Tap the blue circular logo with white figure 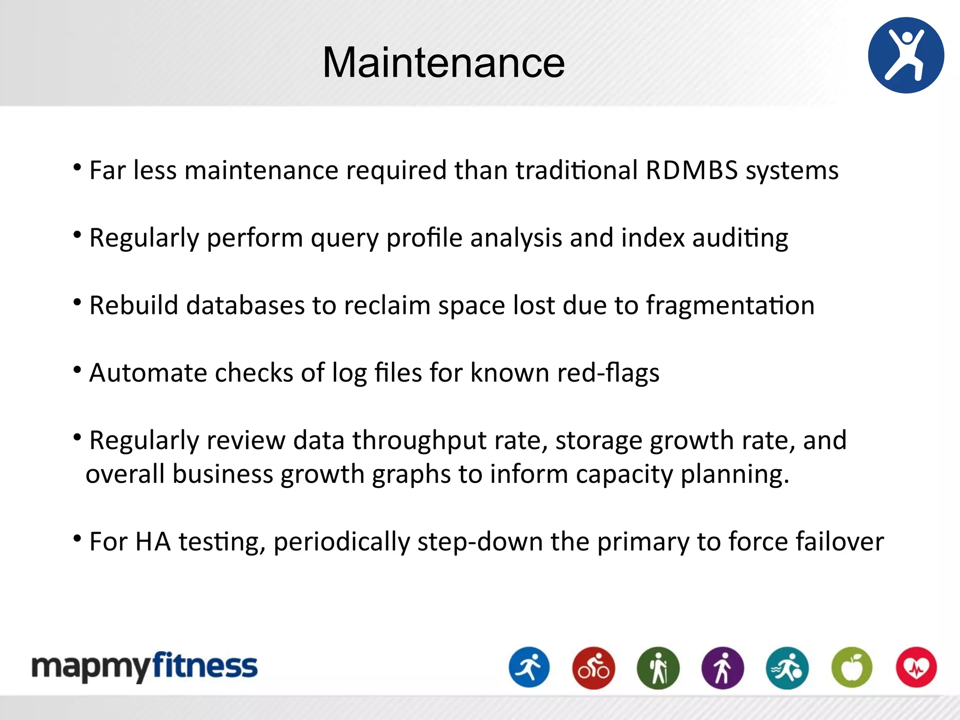point(906,55)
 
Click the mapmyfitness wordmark point(144,666)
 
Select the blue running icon point(529,667)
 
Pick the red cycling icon point(593,667)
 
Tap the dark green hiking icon point(658,667)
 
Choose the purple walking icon point(722,667)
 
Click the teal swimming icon point(787,667)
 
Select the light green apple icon point(852,667)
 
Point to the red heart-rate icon point(916,667)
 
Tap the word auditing point(740,238)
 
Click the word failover point(839,541)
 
